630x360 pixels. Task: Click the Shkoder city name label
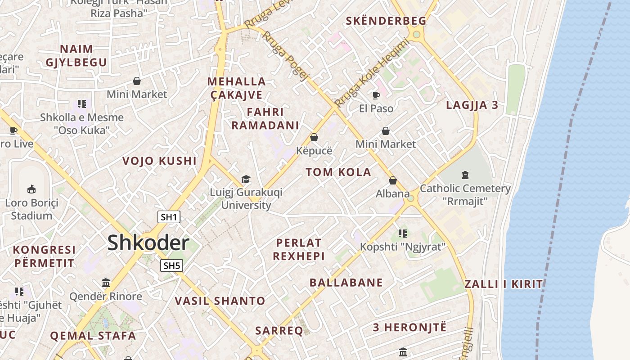point(148,243)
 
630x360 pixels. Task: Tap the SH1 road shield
point(169,217)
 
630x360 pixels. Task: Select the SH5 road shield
point(172,265)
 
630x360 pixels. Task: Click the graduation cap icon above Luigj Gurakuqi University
point(246,180)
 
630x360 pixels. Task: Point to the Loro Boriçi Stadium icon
point(31,189)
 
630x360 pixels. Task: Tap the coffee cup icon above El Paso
point(376,95)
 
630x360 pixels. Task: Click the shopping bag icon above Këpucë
point(314,137)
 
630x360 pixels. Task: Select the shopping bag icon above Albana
point(393,180)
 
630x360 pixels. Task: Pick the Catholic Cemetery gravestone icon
point(465,175)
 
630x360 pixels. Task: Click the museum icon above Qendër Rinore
point(106,283)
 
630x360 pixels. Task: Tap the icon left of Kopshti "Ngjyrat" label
point(403,233)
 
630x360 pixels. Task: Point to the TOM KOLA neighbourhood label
point(338,172)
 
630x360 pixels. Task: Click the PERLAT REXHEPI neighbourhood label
point(299,249)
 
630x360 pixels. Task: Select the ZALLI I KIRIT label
point(504,284)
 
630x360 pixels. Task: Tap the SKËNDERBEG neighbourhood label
point(386,21)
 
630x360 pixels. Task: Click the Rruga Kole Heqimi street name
point(372,73)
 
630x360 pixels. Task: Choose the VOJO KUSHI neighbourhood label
point(159,161)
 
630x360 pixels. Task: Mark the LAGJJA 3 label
point(472,105)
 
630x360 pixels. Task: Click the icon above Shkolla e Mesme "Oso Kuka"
point(81,104)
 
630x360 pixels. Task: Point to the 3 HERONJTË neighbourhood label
point(409,327)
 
